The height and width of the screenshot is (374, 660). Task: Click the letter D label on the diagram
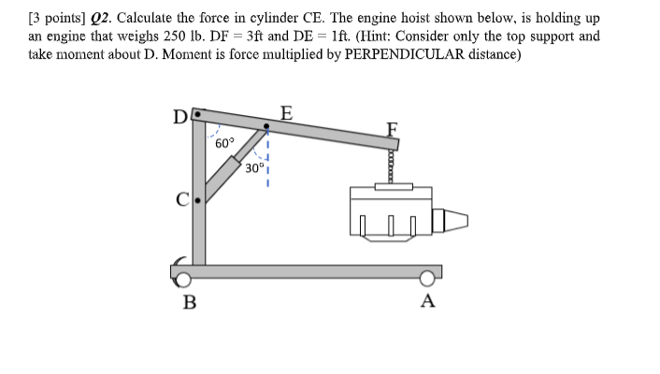point(178,119)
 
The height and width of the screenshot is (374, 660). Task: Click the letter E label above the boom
point(286,114)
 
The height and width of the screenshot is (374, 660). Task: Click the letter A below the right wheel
point(428,301)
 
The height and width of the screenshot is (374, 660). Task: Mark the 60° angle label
point(224,144)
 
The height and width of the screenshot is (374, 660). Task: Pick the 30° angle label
point(254,168)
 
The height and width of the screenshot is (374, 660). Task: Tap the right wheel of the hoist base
point(427,278)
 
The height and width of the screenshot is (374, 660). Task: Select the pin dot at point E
point(269,125)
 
